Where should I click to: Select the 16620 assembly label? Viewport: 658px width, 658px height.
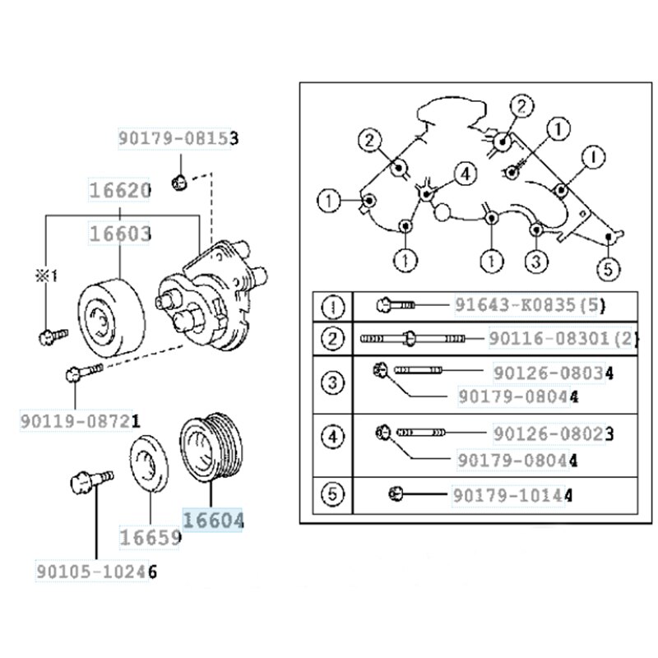point(119,191)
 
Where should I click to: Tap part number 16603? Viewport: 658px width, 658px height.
point(119,234)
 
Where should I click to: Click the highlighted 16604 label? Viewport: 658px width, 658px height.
point(213,521)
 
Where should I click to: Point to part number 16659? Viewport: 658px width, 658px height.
point(151,538)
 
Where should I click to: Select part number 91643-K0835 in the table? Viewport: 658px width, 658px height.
point(531,306)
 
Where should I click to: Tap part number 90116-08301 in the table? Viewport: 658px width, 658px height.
point(563,337)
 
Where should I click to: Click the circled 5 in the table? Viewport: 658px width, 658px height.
point(332,495)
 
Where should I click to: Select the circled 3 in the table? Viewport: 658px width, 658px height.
point(332,383)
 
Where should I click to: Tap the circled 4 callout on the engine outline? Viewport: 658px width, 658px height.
point(465,174)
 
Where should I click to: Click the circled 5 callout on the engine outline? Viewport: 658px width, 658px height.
point(609,267)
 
